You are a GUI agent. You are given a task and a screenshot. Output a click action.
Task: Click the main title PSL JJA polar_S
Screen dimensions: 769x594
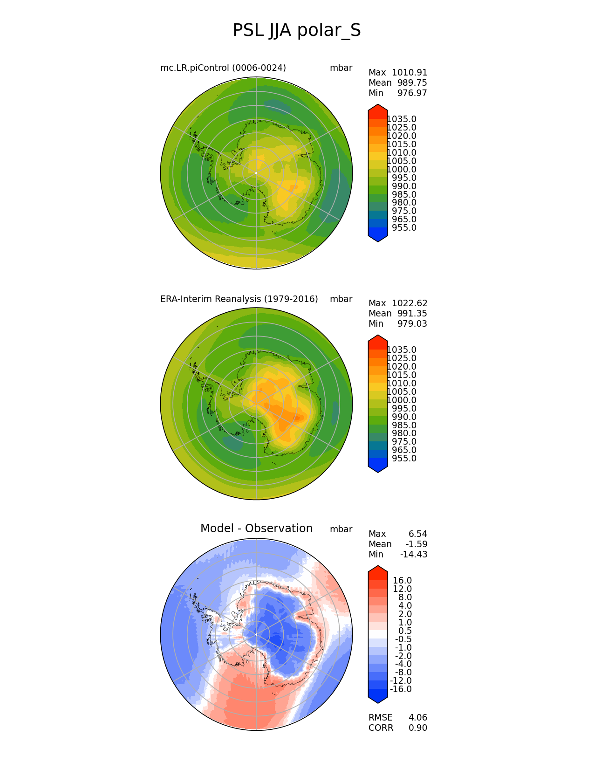point(296,31)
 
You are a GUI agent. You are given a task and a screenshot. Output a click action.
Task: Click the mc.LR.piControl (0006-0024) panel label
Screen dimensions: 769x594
point(223,68)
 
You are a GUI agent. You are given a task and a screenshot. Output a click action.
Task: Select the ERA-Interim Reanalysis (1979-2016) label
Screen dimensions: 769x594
point(239,299)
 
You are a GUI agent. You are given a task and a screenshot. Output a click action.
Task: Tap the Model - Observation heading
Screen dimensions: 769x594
point(256,529)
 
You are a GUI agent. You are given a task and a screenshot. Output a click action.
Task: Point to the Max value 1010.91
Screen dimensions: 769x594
point(409,73)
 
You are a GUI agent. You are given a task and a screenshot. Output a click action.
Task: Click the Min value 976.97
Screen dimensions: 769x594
point(412,93)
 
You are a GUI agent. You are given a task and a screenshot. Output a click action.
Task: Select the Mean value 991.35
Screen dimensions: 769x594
point(412,314)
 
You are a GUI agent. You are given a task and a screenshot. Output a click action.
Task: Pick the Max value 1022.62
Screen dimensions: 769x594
point(409,303)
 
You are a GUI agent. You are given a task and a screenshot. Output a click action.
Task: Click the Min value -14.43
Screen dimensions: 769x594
point(413,555)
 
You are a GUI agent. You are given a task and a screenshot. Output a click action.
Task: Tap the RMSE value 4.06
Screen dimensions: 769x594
point(417,718)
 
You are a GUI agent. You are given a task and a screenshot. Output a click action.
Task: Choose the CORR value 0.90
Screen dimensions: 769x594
point(417,728)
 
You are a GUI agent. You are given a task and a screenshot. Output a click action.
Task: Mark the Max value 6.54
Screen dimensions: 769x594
point(417,534)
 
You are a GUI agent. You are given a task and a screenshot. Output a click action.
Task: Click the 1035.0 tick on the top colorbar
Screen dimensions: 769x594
point(402,119)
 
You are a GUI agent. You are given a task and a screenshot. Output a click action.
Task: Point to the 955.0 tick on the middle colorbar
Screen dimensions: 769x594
point(404,459)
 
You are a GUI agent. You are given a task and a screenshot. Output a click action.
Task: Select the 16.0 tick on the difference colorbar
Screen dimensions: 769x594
point(402,581)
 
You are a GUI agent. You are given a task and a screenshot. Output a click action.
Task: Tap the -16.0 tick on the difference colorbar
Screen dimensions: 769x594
point(401,689)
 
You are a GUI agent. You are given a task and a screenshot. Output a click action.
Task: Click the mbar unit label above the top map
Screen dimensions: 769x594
point(341,68)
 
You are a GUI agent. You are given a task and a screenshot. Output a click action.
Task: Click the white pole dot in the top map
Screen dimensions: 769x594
point(256,173)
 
